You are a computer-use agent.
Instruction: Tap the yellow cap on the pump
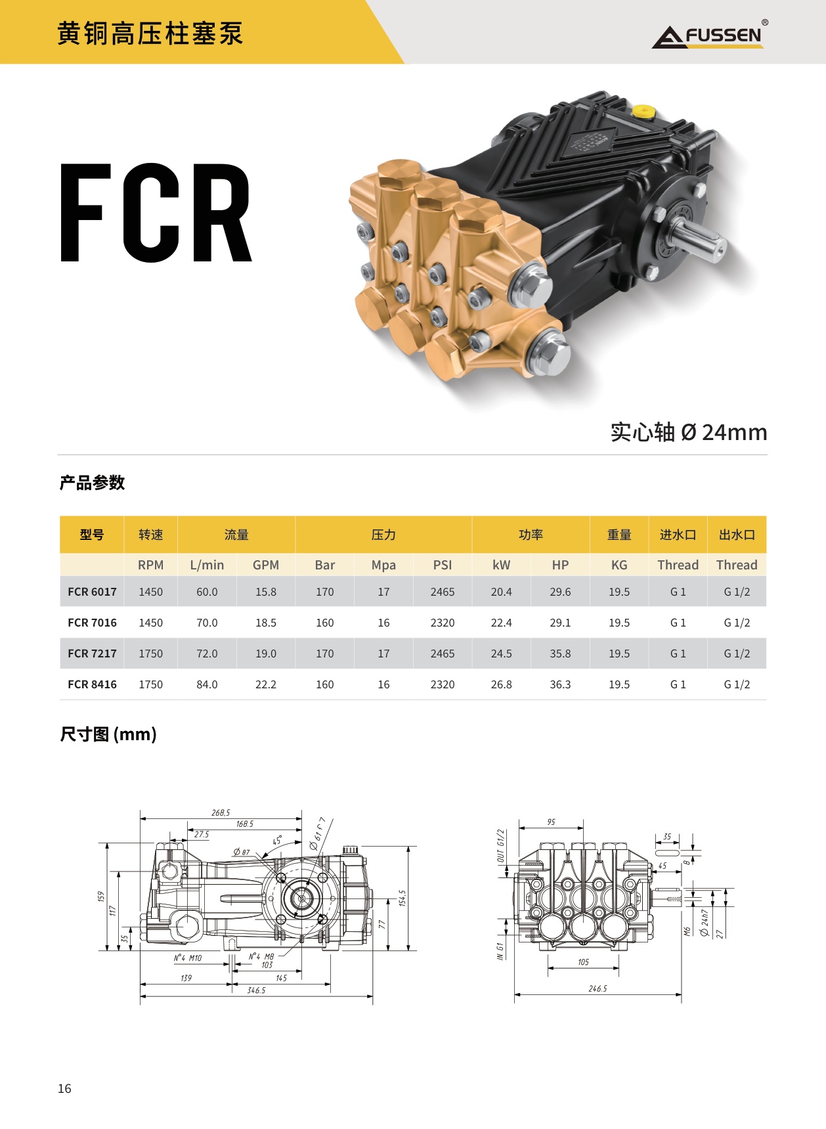click(643, 110)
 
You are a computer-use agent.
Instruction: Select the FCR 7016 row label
click(92, 623)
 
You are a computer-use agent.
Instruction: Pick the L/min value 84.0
click(207, 684)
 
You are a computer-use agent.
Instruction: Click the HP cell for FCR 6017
click(560, 592)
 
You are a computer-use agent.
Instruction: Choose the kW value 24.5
click(501, 653)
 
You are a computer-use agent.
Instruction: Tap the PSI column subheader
click(443, 565)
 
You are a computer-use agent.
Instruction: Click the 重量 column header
click(619, 535)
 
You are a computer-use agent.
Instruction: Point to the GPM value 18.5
click(266, 623)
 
